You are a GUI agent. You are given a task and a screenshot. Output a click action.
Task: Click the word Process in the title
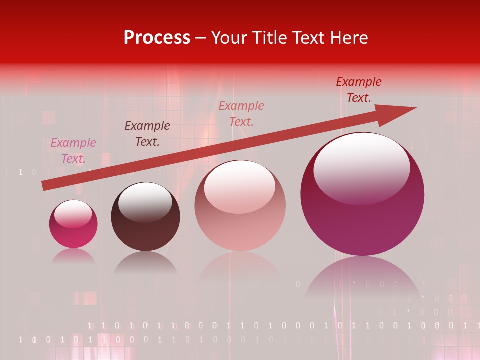pos(157,38)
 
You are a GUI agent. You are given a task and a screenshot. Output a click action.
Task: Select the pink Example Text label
pos(73,151)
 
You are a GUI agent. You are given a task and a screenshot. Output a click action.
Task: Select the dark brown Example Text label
pos(147,134)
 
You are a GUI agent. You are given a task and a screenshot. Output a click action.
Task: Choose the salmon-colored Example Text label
pos(241,113)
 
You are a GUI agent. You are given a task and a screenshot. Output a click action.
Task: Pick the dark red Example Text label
pos(358,90)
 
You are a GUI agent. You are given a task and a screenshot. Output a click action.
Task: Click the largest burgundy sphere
pos(362,220)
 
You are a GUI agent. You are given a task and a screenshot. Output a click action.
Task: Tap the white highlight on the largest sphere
pos(361,167)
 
